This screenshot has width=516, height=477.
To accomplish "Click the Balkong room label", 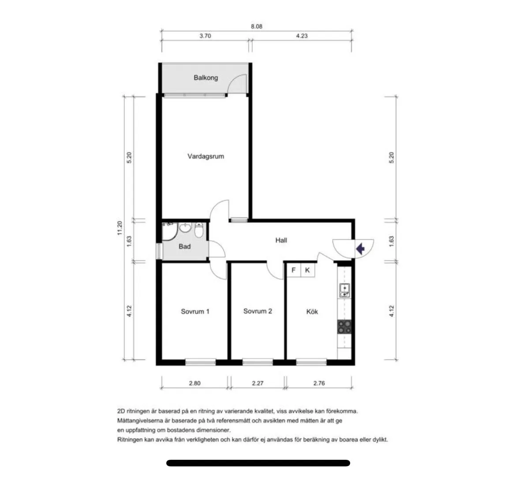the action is pos(206,78).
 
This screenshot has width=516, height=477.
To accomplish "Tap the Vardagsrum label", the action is pos(206,156).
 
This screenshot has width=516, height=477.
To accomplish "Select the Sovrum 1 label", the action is pos(195,311).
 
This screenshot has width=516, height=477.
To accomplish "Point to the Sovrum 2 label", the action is pos(258,311).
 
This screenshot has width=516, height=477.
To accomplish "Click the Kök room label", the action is pos(312,311).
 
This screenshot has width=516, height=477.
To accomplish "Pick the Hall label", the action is pos(281,240).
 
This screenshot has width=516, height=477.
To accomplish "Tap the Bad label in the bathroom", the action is pos(185,246).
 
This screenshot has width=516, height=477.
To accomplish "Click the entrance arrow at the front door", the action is pos(360,249).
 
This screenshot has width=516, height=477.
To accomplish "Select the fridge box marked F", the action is pos(294,270).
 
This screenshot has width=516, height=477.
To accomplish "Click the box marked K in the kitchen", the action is pos(308,270).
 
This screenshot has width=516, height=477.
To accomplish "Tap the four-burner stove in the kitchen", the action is pos(344,327).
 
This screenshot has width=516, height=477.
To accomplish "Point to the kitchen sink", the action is pos(344,291).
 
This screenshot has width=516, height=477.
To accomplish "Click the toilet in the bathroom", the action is pos(199,230).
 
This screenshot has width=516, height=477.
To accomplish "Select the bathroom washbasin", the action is pos(186,227).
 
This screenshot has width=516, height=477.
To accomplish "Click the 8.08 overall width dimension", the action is pos(257,26).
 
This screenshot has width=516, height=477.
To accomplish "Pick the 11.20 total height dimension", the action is pos(120,228).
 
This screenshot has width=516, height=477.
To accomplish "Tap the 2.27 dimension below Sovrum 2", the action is pos(258,383).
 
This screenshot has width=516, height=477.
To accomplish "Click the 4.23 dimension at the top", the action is pos(302,36).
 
